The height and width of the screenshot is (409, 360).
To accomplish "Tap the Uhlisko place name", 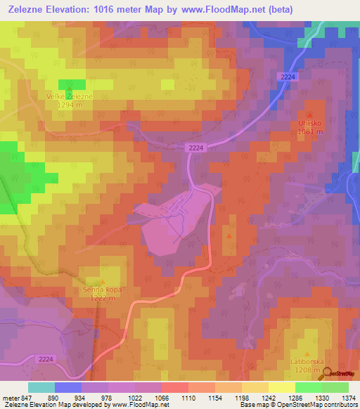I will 310,122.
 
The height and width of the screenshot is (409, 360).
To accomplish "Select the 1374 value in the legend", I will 349,397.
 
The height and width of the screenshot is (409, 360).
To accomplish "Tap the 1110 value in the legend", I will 188,397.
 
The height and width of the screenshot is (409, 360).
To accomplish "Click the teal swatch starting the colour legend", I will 41,387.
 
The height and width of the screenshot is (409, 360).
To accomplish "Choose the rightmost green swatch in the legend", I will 335,387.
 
